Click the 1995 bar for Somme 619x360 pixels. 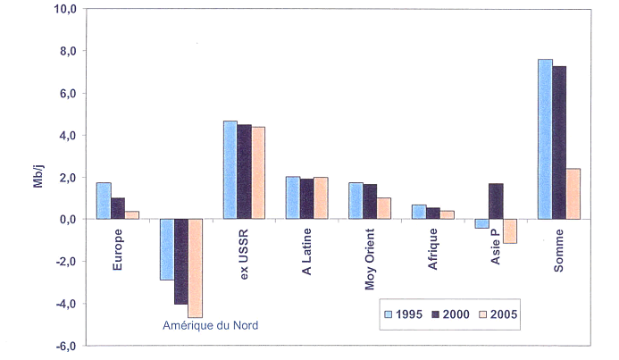pyautogui.click(x=545, y=139)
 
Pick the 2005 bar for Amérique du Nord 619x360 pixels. pyautogui.click(x=195, y=268)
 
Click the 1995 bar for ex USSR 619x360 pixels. pyautogui.click(x=230, y=170)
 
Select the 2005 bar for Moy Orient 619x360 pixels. pyautogui.click(x=384, y=208)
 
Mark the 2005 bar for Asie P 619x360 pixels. pyautogui.click(x=511, y=230)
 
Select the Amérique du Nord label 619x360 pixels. pyautogui.click(x=210, y=325)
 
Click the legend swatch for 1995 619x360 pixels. pyautogui.click(x=389, y=314)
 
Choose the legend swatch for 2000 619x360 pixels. pyautogui.click(x=435, y=314)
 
